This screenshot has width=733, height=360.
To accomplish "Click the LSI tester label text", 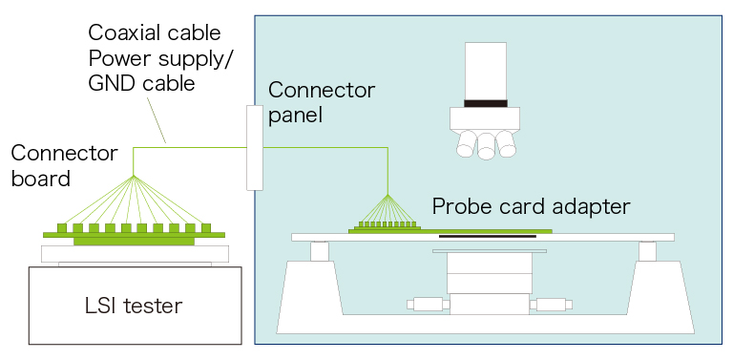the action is point(134,306).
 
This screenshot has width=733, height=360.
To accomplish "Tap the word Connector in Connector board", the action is point(64,154).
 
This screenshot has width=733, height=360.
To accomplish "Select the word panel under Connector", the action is point(296,116).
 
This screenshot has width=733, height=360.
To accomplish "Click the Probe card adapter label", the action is point(531,206).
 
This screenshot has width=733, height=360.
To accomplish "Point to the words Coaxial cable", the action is point(155,33).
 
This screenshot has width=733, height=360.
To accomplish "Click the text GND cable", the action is point(141,84).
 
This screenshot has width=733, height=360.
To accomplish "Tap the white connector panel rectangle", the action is point(255,148).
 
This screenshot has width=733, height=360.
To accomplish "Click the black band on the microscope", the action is point(486,103).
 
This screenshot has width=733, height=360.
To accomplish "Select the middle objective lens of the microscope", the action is point(486,146).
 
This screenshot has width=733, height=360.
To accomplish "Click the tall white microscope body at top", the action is point(486,71).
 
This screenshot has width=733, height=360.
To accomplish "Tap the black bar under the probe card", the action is point(488,236).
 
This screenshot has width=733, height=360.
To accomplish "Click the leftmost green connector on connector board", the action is point(63,227).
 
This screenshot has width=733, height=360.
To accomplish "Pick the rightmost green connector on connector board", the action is point(206,227).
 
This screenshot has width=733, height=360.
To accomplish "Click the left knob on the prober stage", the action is point(429,305).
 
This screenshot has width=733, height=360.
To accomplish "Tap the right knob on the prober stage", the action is point(551,305).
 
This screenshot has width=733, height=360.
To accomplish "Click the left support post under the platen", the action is point(320,251).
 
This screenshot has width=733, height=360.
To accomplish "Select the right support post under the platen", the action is point(647,251).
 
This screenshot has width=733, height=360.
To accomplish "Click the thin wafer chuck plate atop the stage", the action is point(489,251).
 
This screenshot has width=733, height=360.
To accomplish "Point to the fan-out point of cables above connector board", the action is point(134,176).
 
